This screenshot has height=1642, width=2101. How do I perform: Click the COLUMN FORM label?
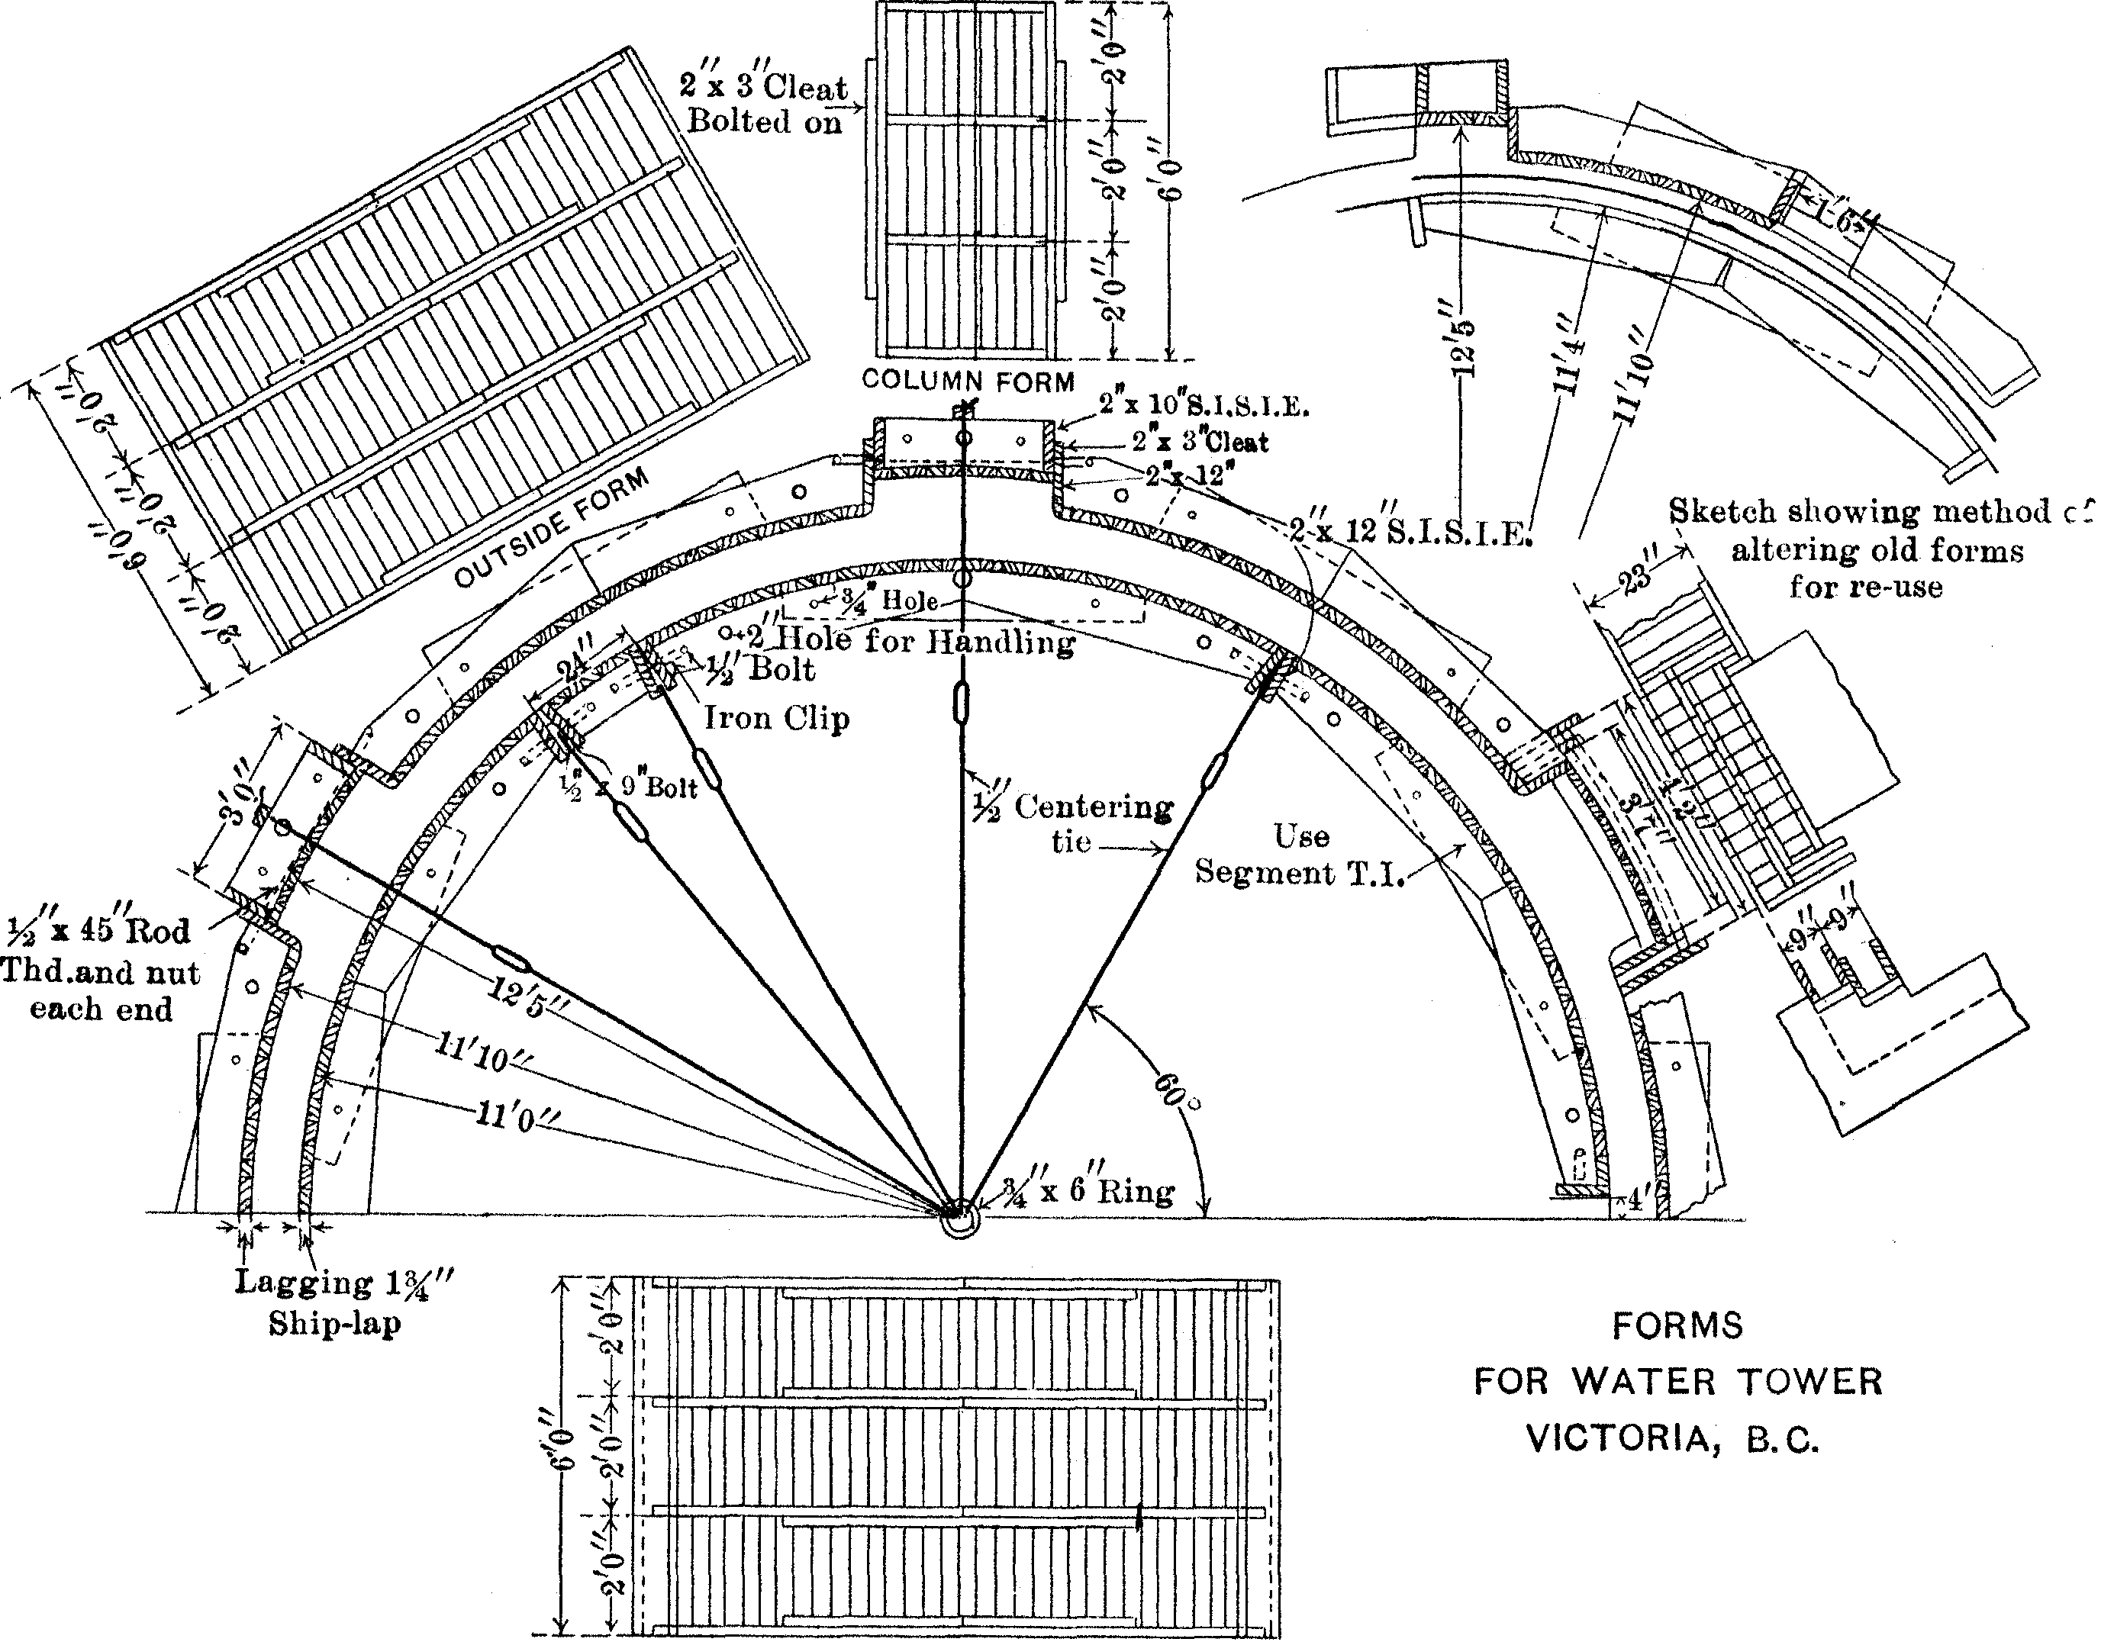tap(968, 381)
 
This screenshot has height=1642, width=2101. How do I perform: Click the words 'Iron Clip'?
tap(776, 719)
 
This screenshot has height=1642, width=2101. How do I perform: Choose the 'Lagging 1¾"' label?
tap(343, 1283)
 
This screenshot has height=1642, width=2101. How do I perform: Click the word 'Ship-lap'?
tap(334, 1325)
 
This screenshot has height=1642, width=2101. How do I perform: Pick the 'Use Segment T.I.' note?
tap(1300, 855)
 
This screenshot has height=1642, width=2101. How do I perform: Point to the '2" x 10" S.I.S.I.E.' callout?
tap(1204, 405)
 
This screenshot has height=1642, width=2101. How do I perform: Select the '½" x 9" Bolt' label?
tap(631, 787)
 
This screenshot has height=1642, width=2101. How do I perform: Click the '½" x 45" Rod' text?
tap(99, 931)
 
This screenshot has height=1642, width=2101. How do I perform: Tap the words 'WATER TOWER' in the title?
tap(1727, 1383)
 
